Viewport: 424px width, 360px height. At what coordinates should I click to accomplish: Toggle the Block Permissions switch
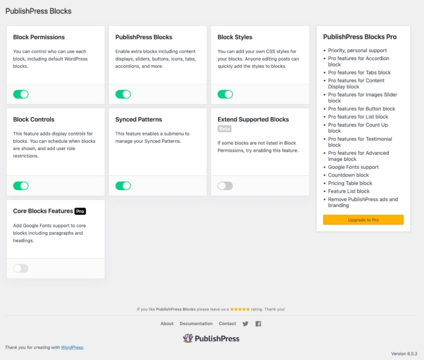[x=21, y=94]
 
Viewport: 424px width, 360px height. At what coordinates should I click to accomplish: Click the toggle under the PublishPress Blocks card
[x=123, y=94]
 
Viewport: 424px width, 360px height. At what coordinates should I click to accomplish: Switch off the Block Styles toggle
[x=225, y=94]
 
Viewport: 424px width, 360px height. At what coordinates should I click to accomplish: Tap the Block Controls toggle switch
[x=21, y=186]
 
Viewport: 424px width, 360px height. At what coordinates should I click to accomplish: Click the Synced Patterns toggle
[x=123, y=186]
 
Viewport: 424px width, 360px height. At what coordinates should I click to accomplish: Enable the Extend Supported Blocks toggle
[x=225, y=186]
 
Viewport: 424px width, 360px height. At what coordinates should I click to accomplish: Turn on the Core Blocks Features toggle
[x=21, y=268]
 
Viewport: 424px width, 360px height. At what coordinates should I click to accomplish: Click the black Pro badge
[x=80, y=211]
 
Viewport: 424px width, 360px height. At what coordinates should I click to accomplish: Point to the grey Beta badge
[x=225, y=129]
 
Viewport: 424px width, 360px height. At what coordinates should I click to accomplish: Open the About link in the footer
[x=167, y=324]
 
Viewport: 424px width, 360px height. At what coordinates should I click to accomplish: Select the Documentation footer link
[x=196, y=324]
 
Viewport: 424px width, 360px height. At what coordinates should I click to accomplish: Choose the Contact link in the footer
[x=227, y=324]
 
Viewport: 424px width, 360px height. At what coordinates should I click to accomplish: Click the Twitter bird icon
[x=245, y=324]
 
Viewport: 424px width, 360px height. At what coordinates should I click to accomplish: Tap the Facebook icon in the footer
[x=258, y=324]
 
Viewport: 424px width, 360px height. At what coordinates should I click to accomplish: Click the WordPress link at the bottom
[x=72, y=347]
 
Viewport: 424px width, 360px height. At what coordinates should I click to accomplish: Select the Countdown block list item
[x=348, y=175]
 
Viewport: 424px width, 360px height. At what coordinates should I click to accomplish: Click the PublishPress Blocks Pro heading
[x=360, y=37]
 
